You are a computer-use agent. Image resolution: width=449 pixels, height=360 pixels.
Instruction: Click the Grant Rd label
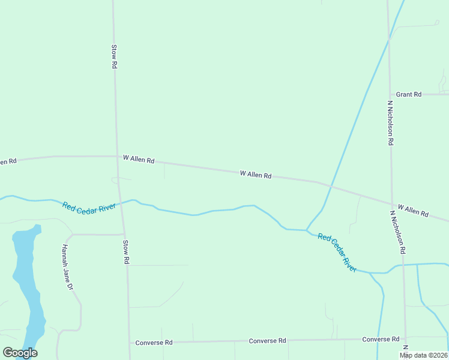[409, 94]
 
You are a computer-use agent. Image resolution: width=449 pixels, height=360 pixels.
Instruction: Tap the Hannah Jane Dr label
[67, 268]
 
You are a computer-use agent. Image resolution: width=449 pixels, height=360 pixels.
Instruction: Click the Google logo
[20, 353]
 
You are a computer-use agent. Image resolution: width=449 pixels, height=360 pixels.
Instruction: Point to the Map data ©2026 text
[424, 355]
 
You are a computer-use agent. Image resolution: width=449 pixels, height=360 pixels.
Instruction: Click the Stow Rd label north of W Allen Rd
[113, 56]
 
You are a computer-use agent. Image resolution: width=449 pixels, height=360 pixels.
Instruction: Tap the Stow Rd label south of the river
[126, 253]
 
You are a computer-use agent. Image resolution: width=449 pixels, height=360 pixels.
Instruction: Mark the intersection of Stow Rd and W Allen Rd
[116, 156]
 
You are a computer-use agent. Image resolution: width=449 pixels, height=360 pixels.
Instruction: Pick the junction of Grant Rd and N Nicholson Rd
[390, 94]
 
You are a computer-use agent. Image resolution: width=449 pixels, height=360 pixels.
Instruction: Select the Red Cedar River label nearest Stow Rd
[89, 207]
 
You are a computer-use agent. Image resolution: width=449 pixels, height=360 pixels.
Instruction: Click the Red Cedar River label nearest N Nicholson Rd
[337, 253]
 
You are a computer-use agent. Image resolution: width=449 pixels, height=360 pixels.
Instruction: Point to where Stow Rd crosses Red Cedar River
[121, 203]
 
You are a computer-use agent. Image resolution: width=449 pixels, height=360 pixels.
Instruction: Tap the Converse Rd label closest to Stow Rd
[154, 343]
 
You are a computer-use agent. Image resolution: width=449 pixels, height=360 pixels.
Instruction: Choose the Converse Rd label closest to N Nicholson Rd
[381, 340]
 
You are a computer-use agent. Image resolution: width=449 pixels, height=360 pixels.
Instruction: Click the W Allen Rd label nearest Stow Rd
[139, 160]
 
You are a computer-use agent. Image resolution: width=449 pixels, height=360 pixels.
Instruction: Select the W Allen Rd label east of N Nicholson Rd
[413, 210]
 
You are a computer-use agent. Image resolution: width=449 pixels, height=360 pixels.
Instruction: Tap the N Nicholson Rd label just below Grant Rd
[390, 123]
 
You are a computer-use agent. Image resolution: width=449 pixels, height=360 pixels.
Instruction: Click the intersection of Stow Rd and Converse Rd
[129, 343]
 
